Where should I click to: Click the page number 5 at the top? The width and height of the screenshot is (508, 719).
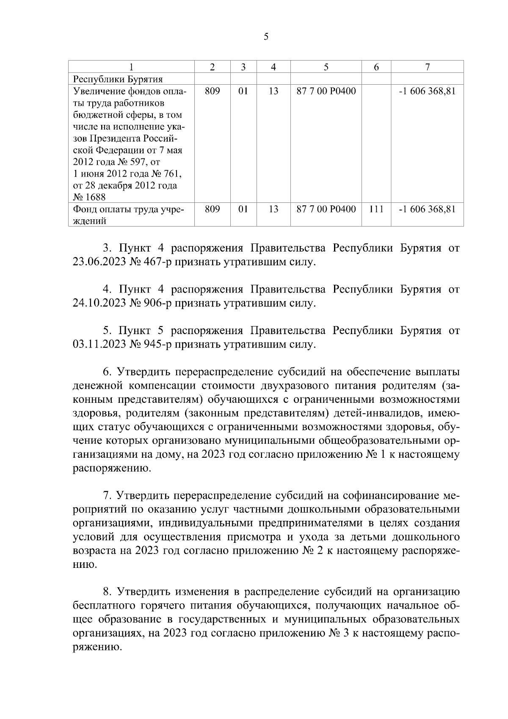coord(266,37)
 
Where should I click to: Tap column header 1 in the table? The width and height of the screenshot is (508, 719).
coord(131,67)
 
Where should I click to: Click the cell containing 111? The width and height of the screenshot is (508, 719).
coord(376,209)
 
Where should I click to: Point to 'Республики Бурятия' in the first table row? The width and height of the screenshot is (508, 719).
coord(118,79)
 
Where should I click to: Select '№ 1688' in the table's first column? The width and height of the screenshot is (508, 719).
coord(89,197)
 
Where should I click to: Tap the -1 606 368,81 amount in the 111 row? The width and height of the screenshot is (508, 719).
coord(427,209)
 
